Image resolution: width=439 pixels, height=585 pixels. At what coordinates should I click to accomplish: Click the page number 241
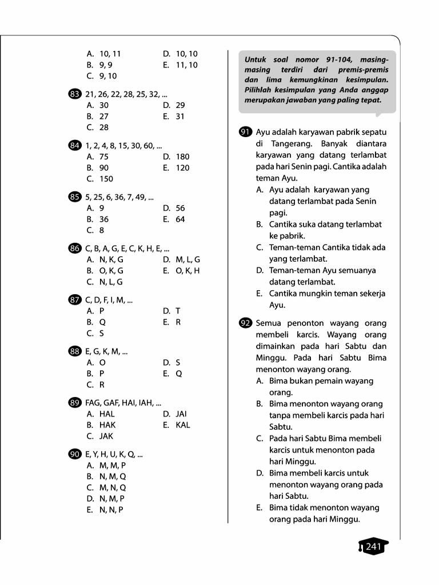[x=373, y=547]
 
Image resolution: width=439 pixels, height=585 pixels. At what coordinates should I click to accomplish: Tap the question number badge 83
[x=74, y=94]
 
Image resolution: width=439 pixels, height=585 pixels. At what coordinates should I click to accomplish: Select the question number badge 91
[x=245, y=132]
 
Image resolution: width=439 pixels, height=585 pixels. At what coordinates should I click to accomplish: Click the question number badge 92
[x=245, y=323]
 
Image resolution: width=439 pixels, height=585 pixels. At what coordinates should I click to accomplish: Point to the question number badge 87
[x=74, y=300]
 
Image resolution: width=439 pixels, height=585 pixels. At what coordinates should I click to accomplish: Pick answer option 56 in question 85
[x=180, y=208]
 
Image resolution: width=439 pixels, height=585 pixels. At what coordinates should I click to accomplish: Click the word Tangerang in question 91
[x=286, y=143]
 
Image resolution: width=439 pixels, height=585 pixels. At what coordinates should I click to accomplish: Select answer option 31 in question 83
[x=180, y=117]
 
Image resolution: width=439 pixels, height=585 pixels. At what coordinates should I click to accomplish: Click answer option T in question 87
[x=178, y=311]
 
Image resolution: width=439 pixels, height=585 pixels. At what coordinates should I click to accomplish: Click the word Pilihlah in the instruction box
[x=261, y=90]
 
